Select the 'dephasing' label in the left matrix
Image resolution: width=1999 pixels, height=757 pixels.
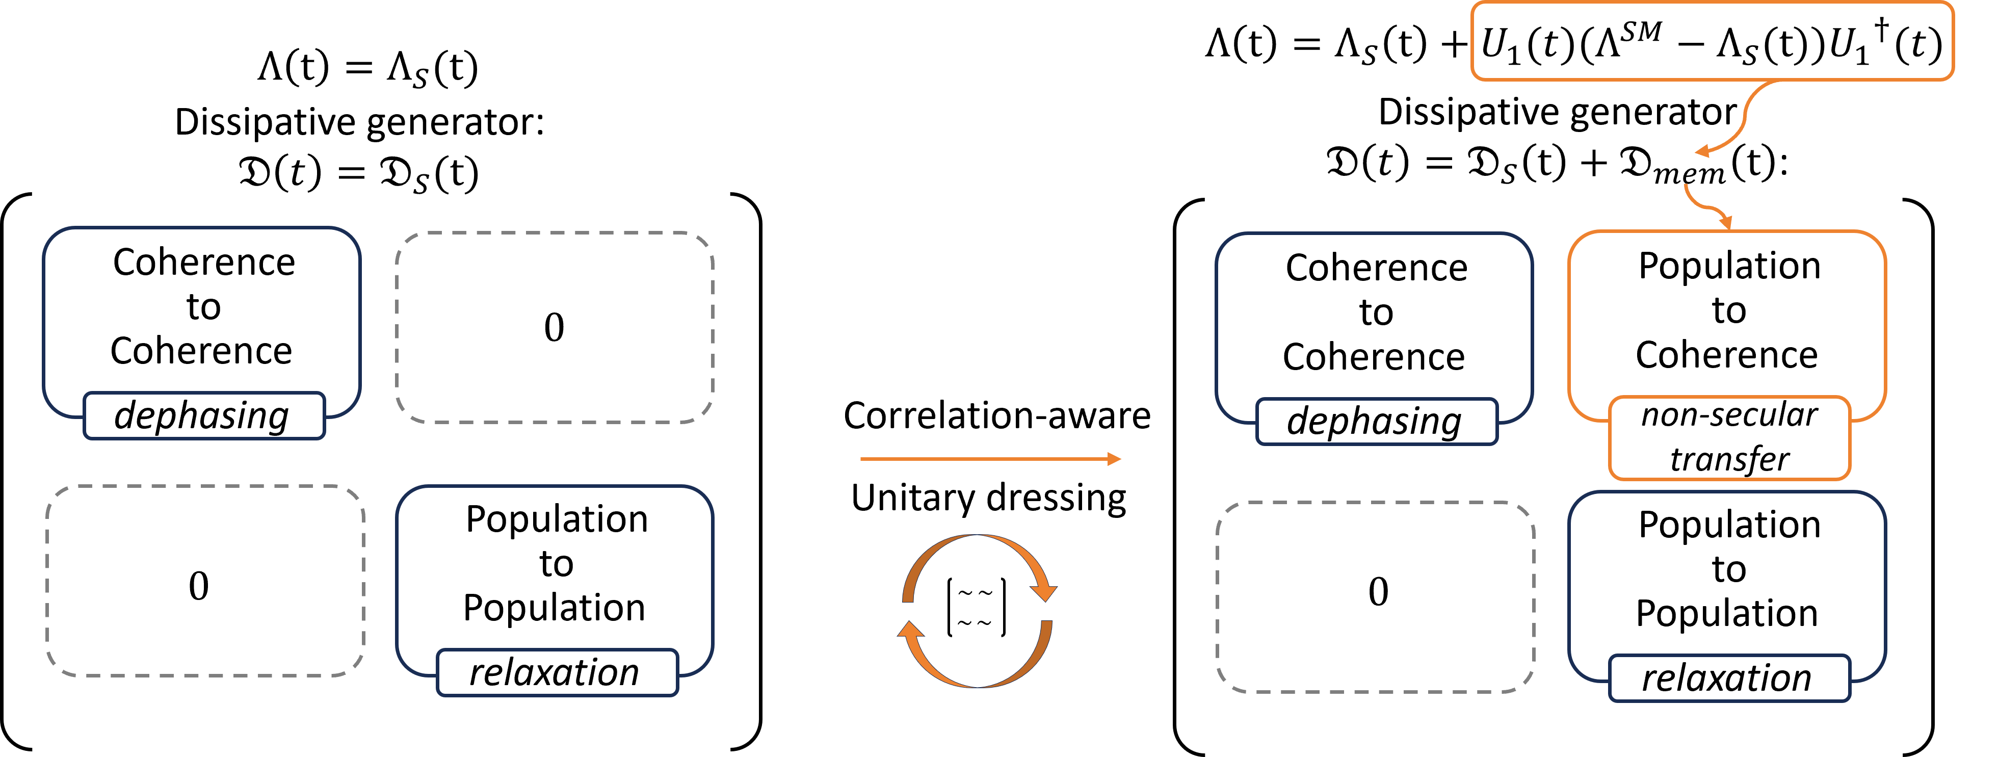(203, 415)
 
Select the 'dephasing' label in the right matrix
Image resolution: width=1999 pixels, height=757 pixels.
(1376, 422)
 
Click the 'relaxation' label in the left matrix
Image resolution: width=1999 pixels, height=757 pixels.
(556, 672)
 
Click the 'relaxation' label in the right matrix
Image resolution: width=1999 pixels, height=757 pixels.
(1728, 678)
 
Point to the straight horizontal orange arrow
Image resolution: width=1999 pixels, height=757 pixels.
(989, 459)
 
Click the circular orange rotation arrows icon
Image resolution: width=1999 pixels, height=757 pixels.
(977, 611)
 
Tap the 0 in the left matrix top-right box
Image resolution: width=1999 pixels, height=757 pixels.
(554, 327)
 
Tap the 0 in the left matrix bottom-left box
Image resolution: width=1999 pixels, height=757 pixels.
(199, 585)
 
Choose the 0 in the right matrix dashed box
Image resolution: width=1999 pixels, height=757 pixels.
(1377, 592)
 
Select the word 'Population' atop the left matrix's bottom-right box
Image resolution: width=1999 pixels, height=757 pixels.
(557, 518)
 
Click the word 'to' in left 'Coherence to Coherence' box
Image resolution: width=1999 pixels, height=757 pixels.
(203, 307)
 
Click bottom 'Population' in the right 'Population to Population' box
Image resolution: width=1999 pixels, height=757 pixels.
(1727, 613)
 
